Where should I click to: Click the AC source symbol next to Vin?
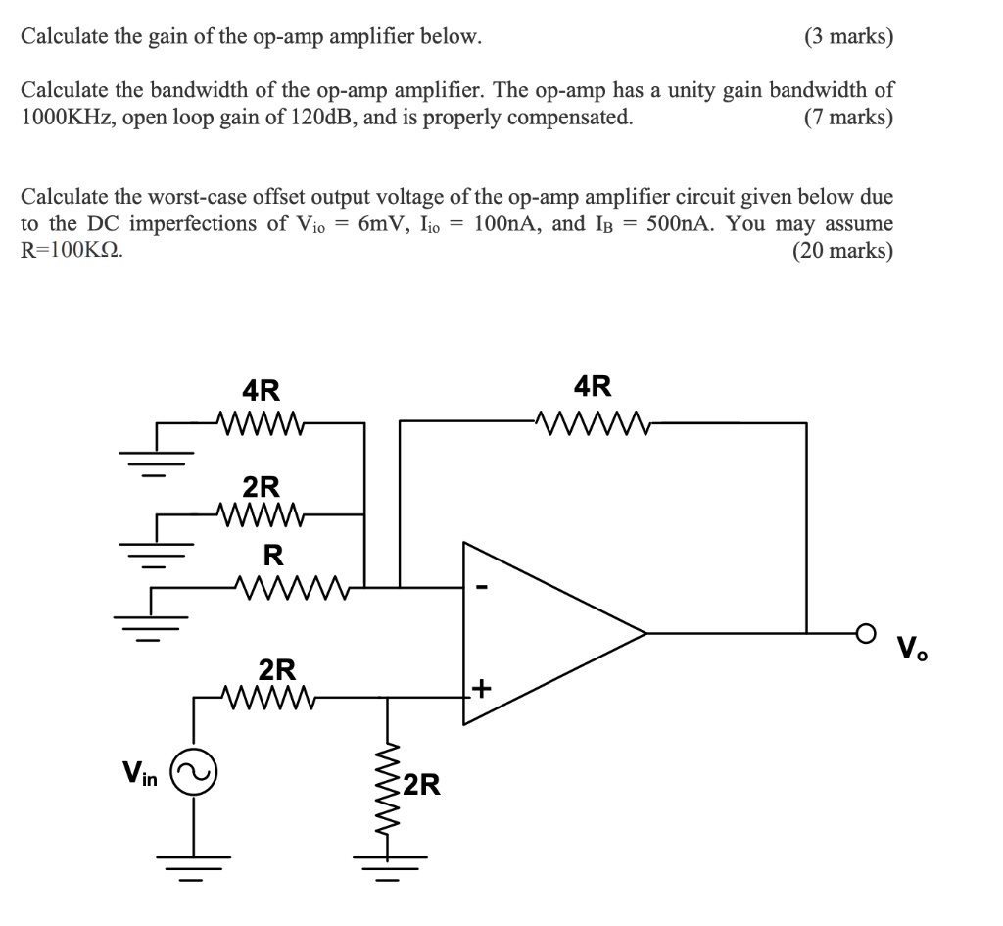point(192,773)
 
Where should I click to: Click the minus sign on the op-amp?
point(481,589)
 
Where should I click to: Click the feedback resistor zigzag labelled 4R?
point(594,423)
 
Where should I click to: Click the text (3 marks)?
point(848,37)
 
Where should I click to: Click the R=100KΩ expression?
point(72,250)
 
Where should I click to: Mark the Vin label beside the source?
point(141,773)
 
